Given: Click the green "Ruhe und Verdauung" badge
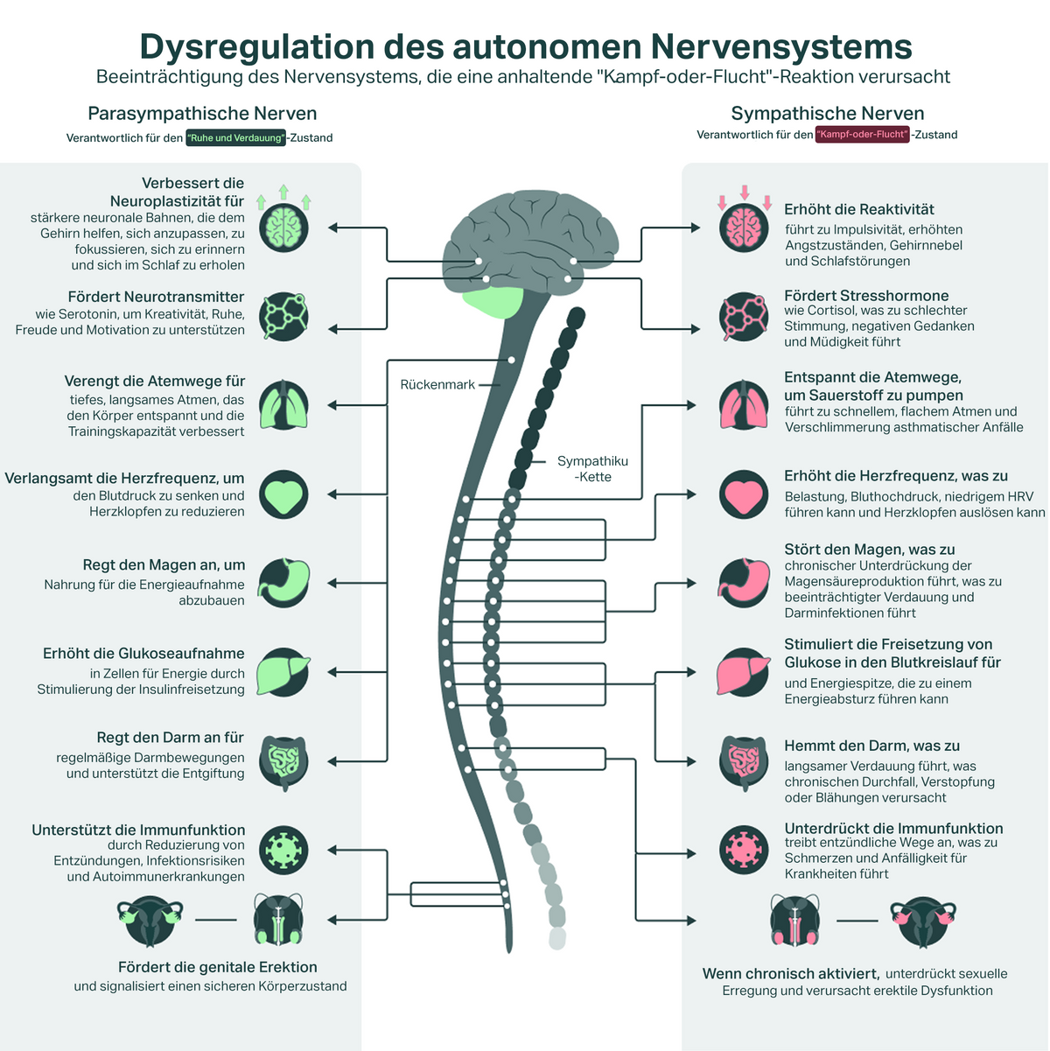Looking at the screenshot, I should click(x=235, y=137).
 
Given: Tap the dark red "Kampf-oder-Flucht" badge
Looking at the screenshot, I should click(x=862, y=135).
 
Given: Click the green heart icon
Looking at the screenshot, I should click(x=283, y=494).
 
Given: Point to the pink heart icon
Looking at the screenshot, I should click(x=744, y=494).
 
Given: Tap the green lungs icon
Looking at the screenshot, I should click(x=283, y=405).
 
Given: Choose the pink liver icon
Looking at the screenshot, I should click(x=744, y=672).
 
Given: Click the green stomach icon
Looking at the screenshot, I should click(x=283, y=583).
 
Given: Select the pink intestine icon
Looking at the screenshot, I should click(x=744, y=761).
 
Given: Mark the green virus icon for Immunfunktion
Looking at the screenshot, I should click(x=283, y=849).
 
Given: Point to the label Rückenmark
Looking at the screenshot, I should click(x=437, y=384).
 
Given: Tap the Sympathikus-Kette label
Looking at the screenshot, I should click(x=592, y=469).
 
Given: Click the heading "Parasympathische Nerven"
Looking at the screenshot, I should click(x=202, y=113).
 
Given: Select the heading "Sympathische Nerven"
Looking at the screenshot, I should click(x=827, y=113).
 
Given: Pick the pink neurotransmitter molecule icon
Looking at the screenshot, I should click(x=744, y=317).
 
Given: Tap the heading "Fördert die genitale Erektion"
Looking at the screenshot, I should click(x=217, y=967).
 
